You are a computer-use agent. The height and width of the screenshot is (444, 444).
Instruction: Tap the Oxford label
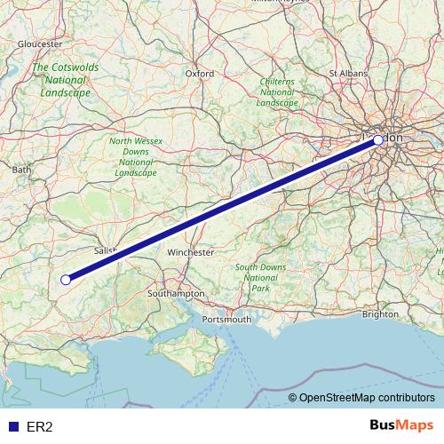click(200, 74)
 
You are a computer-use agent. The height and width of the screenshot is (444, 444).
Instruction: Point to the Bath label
click(22, 169)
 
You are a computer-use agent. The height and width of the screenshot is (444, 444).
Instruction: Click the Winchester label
click(191, 252)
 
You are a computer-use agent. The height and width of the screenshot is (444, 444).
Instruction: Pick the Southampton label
click(178, 293)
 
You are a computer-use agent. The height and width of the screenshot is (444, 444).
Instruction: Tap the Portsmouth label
click(227, 319)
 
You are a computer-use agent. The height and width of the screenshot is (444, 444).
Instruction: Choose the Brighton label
click(381, 313)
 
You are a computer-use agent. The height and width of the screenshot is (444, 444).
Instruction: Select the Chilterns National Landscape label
click(277, 91)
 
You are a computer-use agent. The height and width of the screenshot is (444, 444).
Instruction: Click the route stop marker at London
click(378, 140)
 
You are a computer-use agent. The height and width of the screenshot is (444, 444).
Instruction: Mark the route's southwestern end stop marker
click(66, 280)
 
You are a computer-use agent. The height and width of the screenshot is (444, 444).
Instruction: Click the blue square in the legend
click(12, 427)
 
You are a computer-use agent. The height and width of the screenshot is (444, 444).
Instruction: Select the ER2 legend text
click(40, 427)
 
